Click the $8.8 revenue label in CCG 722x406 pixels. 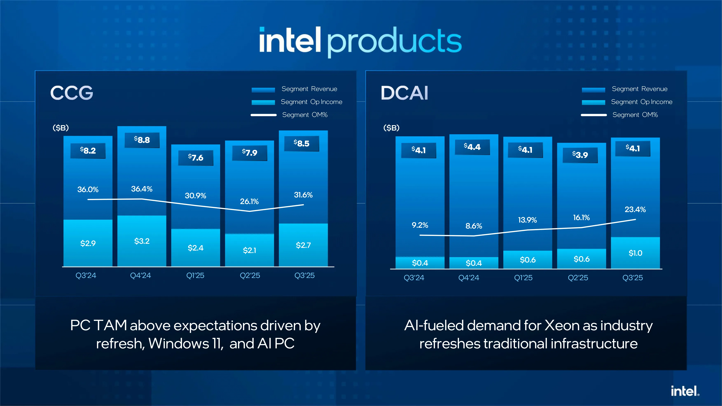(x=142, y=140)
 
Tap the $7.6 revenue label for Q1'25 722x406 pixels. (x=196, y=157)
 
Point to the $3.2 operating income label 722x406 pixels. (x=142, y=241)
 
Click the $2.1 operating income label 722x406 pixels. (x=249, y=250)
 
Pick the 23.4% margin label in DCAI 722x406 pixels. (x=635, y=209)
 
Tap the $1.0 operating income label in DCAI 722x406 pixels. (x=635, y=253)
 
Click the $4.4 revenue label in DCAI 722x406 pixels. (x=472, y=147)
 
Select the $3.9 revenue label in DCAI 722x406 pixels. (x=580, y=155)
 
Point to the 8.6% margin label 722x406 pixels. (x=474, y=226)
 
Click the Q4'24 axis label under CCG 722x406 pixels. (x=140, y=275)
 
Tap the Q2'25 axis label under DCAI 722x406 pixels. (x=578, y=278)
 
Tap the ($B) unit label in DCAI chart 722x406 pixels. (x=391, y=128)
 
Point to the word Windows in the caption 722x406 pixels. (x=179, y=344)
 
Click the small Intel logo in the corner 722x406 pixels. (x=685, y=391)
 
